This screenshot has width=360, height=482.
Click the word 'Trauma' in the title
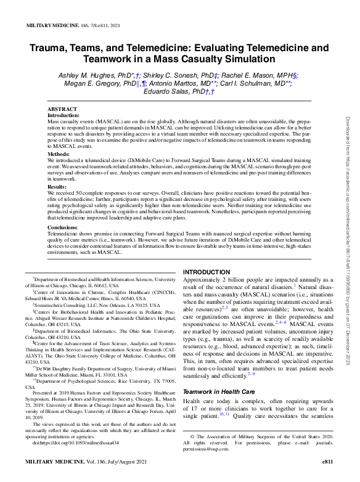coord(52,47)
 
